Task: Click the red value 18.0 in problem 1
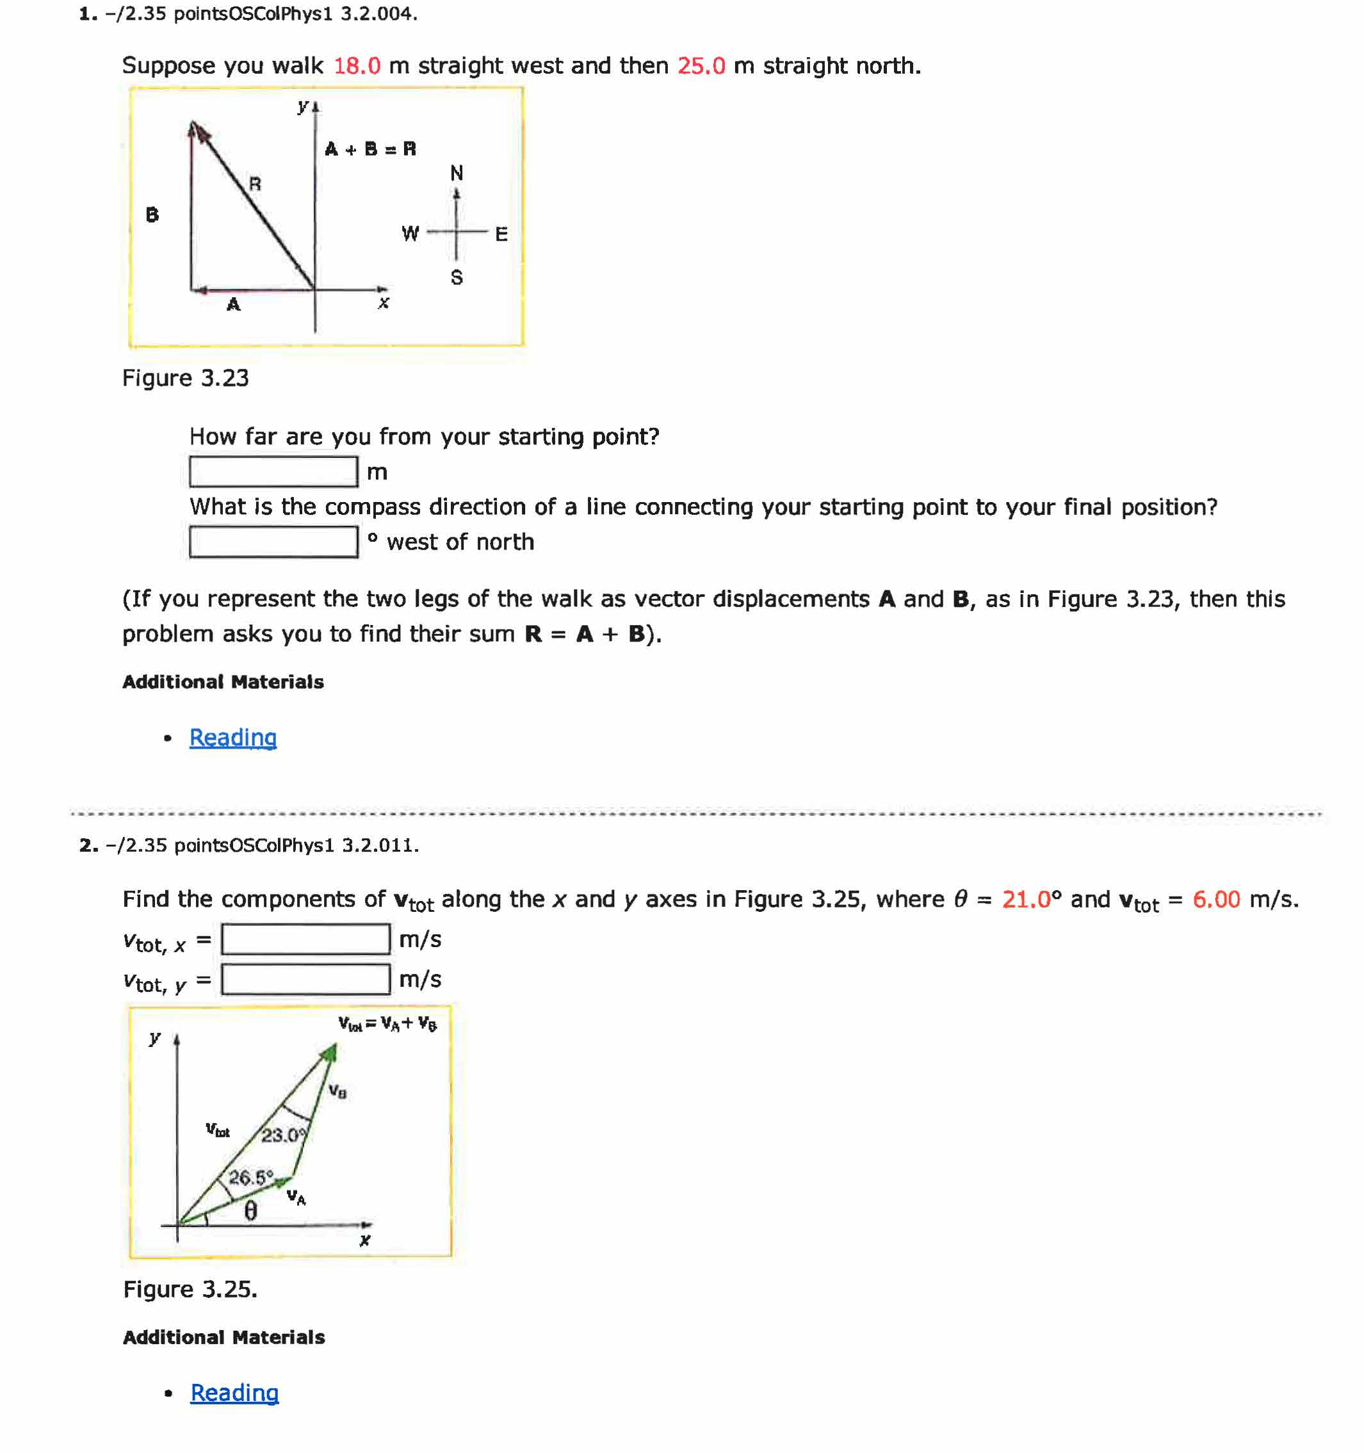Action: point(357,66)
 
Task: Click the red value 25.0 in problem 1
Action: point(701,66)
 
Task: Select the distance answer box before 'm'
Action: point(273,471)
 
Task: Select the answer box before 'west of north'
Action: point(273,542)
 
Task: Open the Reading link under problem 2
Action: point(234,1392)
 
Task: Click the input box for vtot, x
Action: point(305,939)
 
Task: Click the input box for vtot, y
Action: point(305,979)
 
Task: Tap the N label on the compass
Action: point(456,173)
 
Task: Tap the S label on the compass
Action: point(456,278)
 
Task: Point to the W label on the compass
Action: point(410,234)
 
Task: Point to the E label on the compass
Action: point(501,234)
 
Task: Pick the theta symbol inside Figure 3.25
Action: point(250,1211)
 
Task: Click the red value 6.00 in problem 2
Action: point(1215,899)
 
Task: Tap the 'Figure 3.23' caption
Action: point(185,378)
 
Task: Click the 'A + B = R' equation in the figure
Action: point(370,149)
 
